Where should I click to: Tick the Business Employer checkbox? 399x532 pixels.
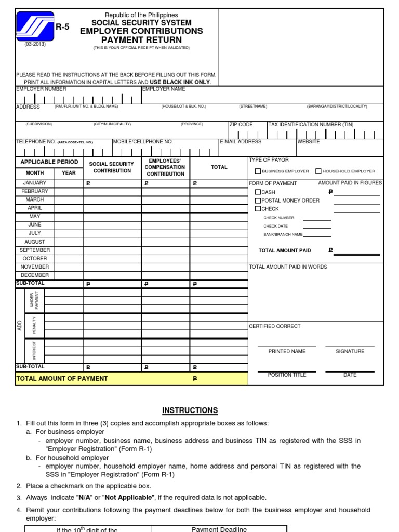tap(258, 171)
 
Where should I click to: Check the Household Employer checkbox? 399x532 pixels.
tap(318, 171)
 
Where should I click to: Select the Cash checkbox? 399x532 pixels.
tap(258, 192)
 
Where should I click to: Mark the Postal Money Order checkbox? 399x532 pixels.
tap(258, 201)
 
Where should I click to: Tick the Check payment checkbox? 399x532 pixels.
tap(258, 209)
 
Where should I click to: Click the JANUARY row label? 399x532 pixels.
tap(35, 183)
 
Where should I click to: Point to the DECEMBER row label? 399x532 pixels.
tap(35, 275)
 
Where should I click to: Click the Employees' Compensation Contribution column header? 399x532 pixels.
tap(165, 167)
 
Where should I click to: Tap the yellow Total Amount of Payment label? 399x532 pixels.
tap(62, 378)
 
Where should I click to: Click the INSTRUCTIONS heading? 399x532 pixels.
tap(190, 410)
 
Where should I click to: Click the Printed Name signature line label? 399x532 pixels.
tap(287, 351)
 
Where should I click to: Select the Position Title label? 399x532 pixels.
tap(287, 375)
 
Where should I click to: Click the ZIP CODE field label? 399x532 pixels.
tap(241, 125)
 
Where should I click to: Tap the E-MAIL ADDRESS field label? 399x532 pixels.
tap(241, 142)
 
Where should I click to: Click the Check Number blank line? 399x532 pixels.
tap(316, 219)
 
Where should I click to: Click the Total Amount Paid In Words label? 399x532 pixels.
tap(288, 267)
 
